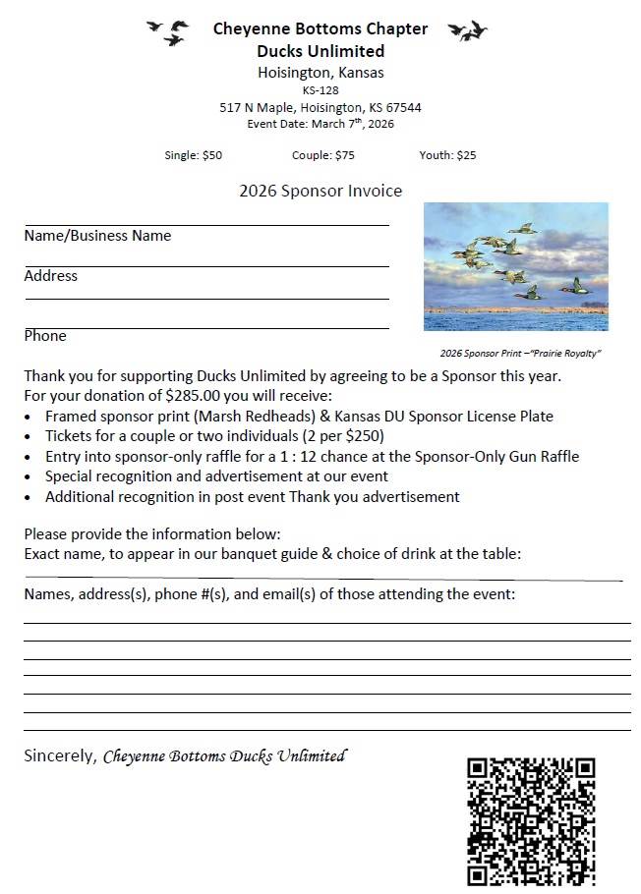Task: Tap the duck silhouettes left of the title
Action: [x=168, y=32]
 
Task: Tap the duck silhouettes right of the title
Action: [x=467, y=31]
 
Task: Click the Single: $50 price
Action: [x=194, y=155]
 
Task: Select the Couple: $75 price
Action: [x=322, y=155]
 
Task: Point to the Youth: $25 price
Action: [x=447, y=155]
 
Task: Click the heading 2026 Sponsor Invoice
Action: [x=320, y=191]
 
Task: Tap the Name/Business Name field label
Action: [x=97, y=236]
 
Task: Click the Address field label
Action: [x=50, y=276]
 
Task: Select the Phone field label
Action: [x=45, y=336]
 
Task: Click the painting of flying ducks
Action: [x=515, y=266]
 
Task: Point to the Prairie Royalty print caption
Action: [x=520, y=354]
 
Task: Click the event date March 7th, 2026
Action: [x=320, y=124]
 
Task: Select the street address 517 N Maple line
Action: [x=320, y=107]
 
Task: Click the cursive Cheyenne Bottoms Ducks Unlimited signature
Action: [x=224, y=756]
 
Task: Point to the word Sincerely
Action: [x=60, y=756]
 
